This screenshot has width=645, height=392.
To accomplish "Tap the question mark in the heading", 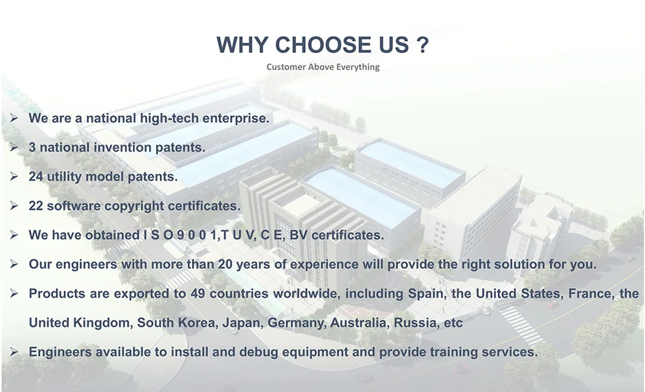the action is pos(422,44).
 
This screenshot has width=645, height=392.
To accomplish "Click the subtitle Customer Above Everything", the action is pos(323,66).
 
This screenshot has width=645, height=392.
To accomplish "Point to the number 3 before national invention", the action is pos(32,147).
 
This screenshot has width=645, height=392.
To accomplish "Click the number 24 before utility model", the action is pos(35,177).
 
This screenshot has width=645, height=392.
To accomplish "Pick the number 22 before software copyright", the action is pos(35,206).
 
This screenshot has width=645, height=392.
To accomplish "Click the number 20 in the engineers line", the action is pos(225,264).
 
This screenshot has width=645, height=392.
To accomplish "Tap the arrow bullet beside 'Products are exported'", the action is pos(14,293).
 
